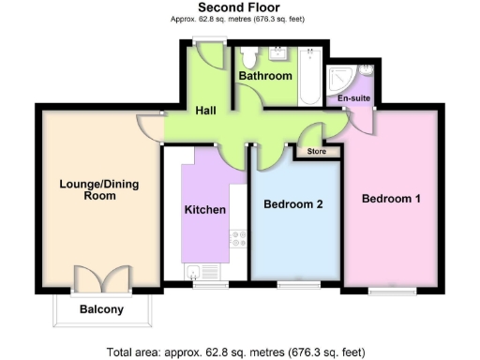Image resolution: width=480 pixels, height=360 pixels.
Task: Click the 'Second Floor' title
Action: (x=239, y=7)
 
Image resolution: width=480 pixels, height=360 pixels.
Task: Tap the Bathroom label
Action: (x=265, y=75)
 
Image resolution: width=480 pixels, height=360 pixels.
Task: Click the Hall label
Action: (x=207, y=111)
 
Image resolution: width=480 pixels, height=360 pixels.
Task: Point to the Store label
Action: (x=308, y=150)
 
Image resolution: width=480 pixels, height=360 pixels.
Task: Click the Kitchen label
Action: (x=205, y=209)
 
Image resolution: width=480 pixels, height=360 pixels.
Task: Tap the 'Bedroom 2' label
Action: (x=293, y=203)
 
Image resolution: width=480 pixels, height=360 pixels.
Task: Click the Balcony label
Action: (x=101, y=309)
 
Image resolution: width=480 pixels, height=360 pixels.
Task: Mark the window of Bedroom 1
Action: (x=391, y=292)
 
